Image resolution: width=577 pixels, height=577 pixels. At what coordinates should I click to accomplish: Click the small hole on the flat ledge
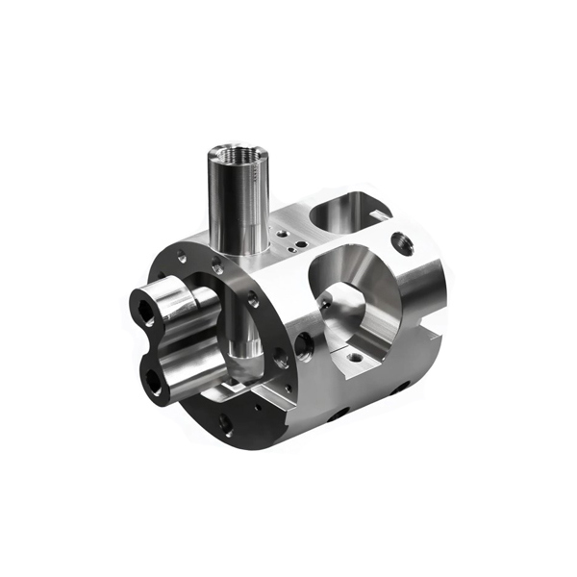(356, 357)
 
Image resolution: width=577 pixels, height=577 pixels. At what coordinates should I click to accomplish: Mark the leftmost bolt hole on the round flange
(181, 257)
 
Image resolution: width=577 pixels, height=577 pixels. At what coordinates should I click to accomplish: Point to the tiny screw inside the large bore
(325, 306)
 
